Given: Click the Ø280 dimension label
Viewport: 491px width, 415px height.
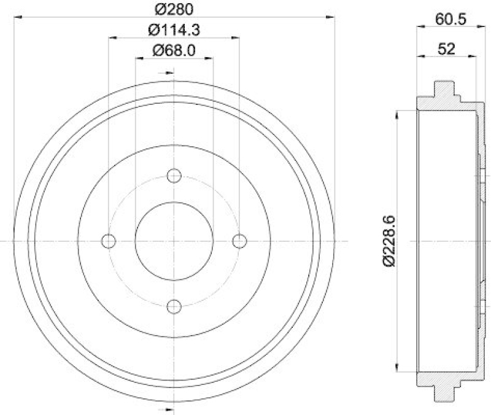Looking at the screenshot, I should tap(174, 10).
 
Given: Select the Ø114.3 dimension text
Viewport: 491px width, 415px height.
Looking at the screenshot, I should tap(174, 29).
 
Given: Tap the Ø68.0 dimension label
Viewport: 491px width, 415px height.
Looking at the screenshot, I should tap(174, 50).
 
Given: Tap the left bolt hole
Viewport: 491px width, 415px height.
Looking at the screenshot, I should tap(109, 241).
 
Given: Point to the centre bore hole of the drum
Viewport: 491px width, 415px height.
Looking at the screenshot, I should tap(174, 241).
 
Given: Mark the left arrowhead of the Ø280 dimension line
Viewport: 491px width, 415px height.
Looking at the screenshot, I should tap(16, 18).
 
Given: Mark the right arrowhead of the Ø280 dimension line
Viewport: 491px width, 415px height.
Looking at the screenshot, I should tap(332, 18).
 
